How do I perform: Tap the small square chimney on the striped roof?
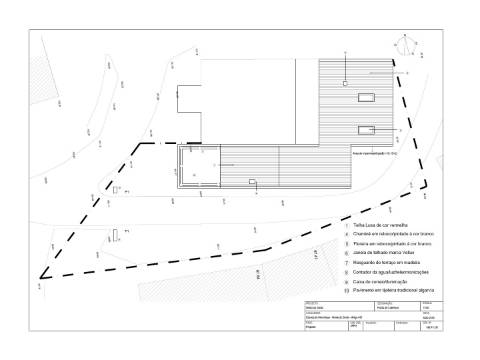click(345, 85)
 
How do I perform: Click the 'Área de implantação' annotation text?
click(376, 155)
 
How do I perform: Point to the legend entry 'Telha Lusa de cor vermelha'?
click(383, 227)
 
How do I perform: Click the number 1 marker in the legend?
click(346, 227)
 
